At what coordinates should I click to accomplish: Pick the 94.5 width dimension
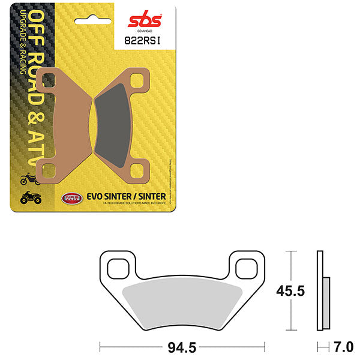pos(182,347)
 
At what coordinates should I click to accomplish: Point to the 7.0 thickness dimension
pos(344,347)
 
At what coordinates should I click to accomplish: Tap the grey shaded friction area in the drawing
pos(182,304)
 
